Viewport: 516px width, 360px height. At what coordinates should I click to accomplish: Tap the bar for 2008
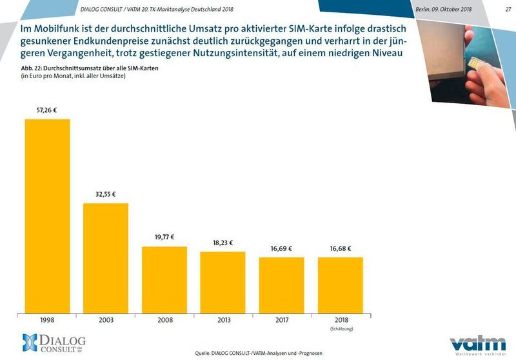164,278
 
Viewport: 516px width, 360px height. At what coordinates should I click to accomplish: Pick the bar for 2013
223,281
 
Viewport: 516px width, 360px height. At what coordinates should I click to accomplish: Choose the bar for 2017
281,283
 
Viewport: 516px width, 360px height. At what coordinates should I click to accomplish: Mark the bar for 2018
340,283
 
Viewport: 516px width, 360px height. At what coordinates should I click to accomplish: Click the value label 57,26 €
47,110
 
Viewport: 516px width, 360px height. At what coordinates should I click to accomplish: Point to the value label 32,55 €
106,194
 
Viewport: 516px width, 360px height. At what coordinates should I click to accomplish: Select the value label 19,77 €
164,237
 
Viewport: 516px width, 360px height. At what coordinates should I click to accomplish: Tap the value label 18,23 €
223,243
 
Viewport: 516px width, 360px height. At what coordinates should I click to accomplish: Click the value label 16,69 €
281,248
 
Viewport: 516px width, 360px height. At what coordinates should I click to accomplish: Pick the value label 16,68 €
340,248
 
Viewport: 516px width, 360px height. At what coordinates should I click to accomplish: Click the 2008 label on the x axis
164,319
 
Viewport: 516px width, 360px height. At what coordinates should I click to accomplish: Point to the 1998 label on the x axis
47,319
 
